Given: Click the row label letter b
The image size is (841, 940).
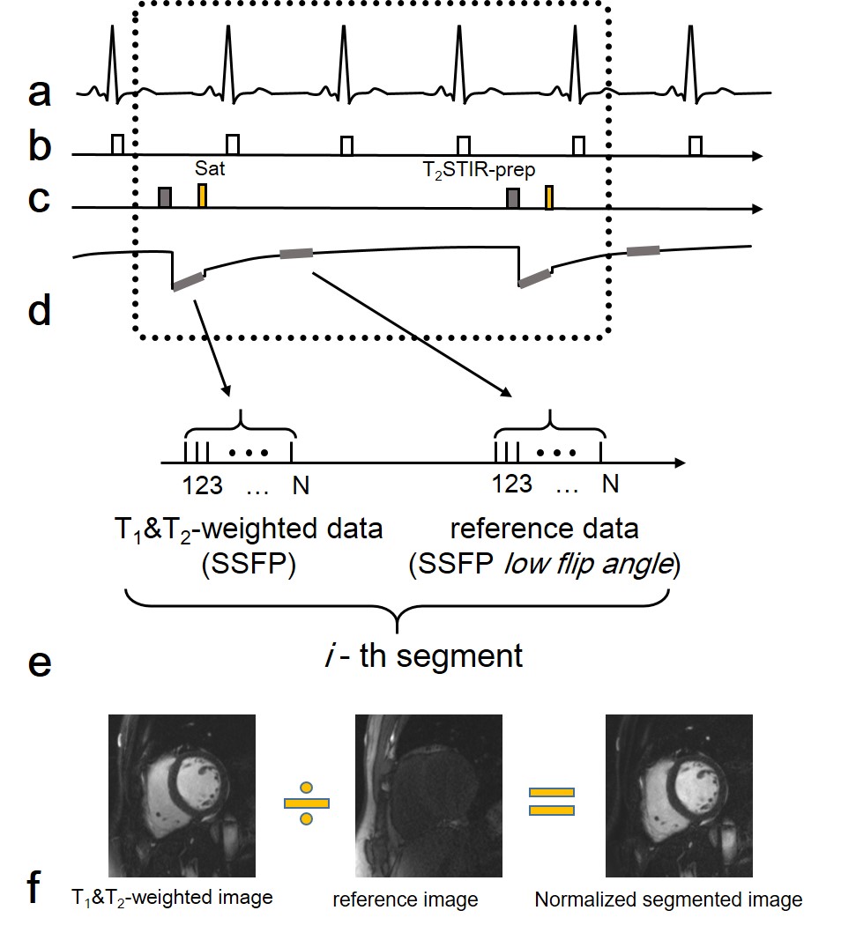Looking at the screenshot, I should tap(40, 148).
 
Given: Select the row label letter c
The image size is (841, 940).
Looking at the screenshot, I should tap(39, 201).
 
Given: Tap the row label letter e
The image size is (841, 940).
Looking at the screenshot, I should tap(40, 662).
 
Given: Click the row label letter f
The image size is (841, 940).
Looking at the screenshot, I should tap(36, 888).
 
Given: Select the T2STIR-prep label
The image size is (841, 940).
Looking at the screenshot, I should tap(472, 167).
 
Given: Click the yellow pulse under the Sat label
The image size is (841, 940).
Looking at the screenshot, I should tap(203, 196).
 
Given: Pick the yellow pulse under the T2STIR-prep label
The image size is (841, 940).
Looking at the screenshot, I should tap(548, 197).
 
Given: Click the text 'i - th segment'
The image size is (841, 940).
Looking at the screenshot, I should tap(423, 655).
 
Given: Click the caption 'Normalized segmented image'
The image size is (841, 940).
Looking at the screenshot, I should tap(668, 899).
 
